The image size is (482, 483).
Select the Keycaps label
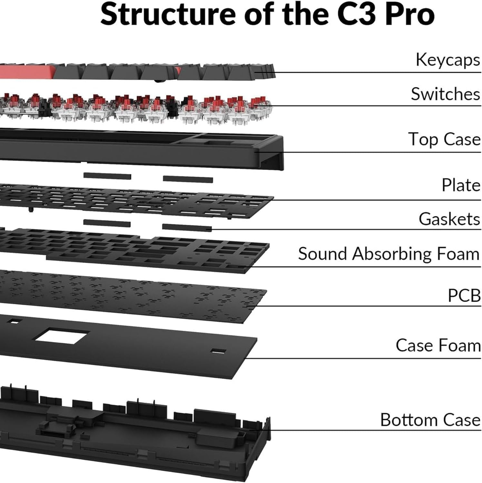[x=448, y=60]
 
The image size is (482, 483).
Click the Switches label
[x=445, y=94]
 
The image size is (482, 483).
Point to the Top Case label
[x=444, y=139]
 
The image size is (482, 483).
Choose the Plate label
[x=461, y=185]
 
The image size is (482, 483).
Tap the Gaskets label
[x=449, y=219]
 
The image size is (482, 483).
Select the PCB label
[x=464, y=295]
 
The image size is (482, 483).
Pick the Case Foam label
[x=438, y=345]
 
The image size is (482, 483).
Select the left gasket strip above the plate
[x=107, y=176]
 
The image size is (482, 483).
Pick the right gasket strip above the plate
[x=188, y=179]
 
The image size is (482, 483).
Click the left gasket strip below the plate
[x=107, y=223]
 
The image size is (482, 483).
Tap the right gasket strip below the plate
[x=187, y=227]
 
